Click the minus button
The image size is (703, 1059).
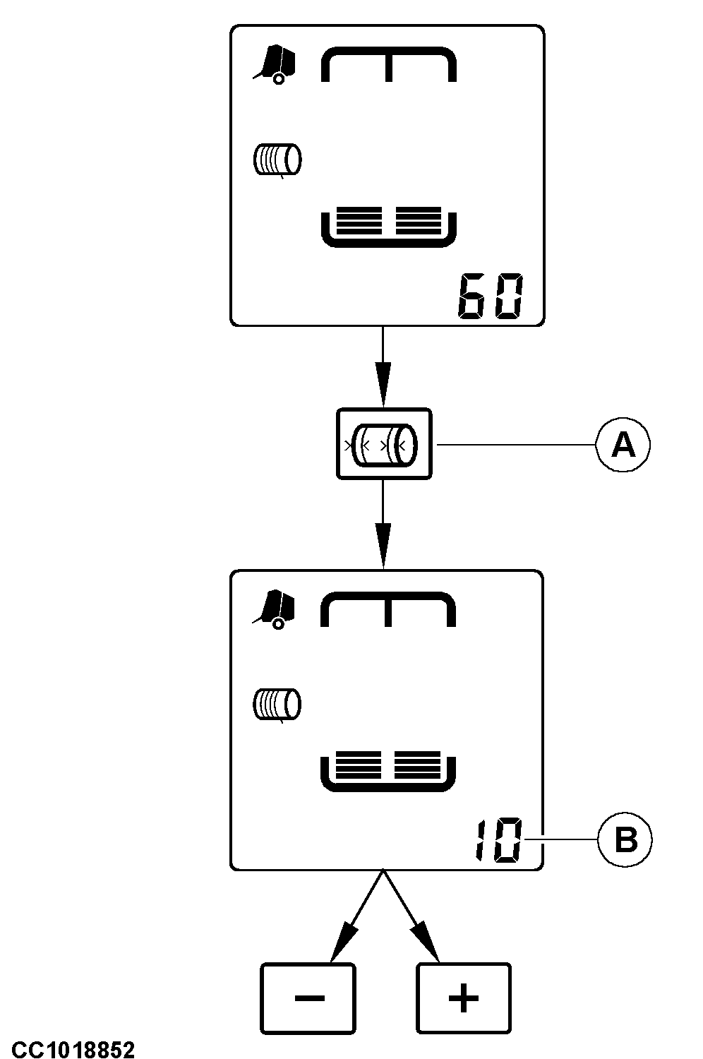pyautogui.click(x=308, y=998)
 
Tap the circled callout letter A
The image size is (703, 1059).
pyautogui.click(x=623, y=445)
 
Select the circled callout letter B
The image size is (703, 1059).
pyautogui.click(x=625, y=840)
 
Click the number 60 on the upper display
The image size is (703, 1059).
pyautogui.click(x=491, y=297)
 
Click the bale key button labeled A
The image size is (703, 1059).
pyautogui.click(x=384, y=444)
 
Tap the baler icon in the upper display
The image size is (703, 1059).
pyautogui.click(x=275, y=64)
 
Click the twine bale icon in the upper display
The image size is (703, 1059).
pyautogui.click(x=277, y=160)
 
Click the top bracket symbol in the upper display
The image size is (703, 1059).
pyautogui.click(x=389, y=64)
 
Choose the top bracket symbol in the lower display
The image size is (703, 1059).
pyautogui.click(x=389, y=609)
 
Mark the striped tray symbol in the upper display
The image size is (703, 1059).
pyautogui.click(x=389, y=227)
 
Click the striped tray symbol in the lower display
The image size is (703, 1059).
pyautogui.click(x=389, y=771)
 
